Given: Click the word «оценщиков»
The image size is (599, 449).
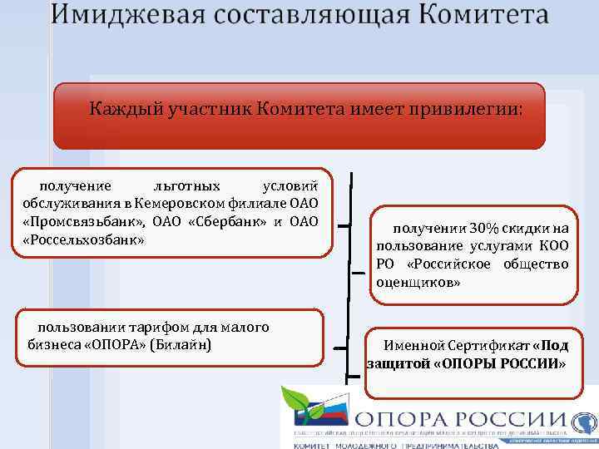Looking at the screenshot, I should coord(418,282).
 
